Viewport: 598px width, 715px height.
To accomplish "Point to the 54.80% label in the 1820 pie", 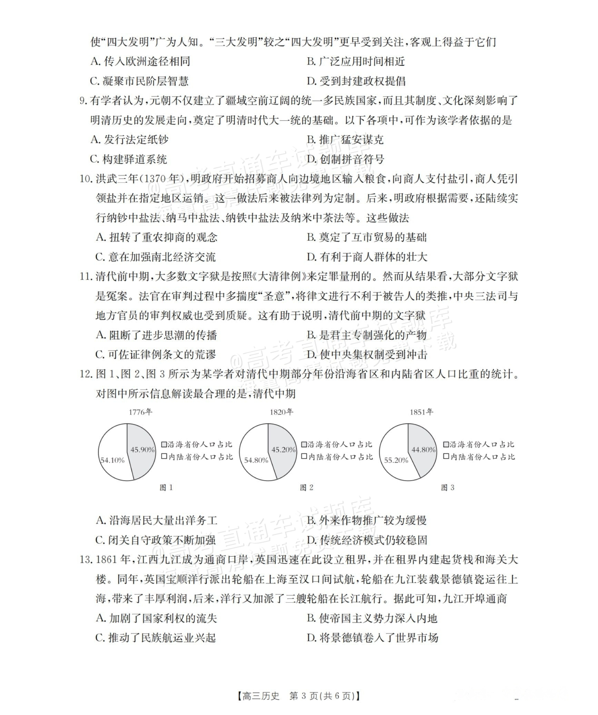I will [256, 460].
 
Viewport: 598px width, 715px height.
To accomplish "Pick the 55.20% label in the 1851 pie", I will [396, 460].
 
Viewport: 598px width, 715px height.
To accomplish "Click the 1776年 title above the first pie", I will [140, 412].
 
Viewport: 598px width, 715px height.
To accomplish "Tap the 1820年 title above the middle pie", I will [281, 412].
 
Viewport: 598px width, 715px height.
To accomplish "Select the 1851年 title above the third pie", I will [421, 412].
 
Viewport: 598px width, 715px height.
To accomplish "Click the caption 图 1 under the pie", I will [166, 488].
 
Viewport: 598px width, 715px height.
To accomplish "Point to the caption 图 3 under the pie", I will [447, 488].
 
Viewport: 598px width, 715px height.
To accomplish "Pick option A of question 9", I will [129, 140].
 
